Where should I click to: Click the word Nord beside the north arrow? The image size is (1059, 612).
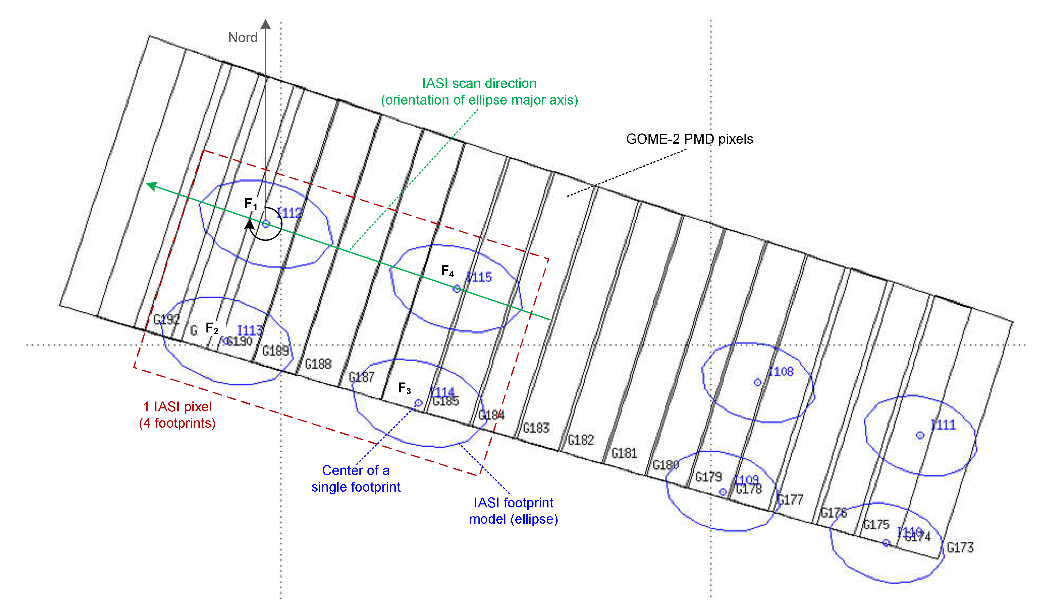point(243,38)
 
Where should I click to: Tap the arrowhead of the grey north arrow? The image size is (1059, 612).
point(266,24)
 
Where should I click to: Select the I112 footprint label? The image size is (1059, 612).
point(290,213)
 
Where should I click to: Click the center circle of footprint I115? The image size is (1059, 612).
point(456,289)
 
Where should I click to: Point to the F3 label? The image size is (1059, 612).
point(404,388)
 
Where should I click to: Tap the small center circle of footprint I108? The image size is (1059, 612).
point(758,382)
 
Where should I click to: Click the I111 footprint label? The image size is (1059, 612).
point(943,425)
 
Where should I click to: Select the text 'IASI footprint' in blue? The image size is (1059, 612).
point(513,503)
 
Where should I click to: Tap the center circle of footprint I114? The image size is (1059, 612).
point(419,403)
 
